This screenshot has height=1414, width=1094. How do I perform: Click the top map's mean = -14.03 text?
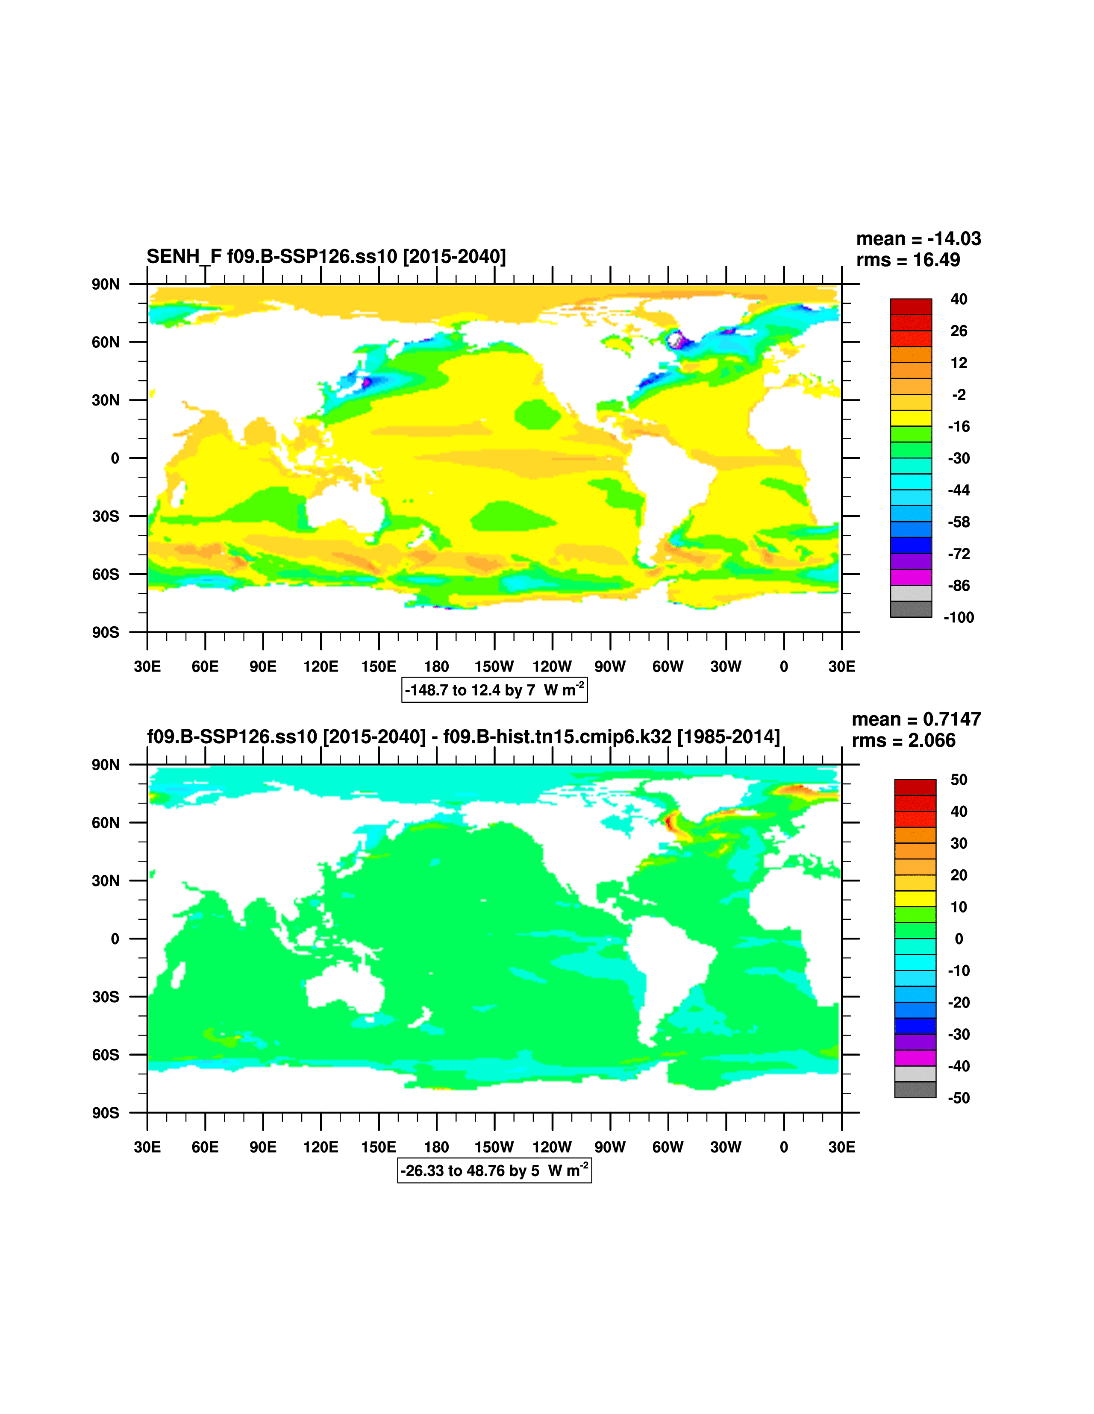pos(918,239)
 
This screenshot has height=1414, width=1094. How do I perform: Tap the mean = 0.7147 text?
pos(916,719)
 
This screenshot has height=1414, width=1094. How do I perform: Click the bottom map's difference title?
pos(463,737)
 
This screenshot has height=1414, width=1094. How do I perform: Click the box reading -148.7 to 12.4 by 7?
pos(494,690)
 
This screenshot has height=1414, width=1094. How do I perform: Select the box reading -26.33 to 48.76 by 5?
pos(494,1171)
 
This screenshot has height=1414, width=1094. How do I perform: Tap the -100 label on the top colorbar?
pos(959,618)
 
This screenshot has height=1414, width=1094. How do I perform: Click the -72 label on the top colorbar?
pos(959,554)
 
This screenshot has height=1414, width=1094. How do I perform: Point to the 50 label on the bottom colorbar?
pos(959,780)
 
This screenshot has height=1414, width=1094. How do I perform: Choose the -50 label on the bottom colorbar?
pos(959,1098)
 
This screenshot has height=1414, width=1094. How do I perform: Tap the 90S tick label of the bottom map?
pos(106,1113)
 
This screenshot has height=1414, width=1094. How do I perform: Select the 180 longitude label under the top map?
pos(436,667)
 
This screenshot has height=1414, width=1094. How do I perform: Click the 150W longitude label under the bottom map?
pos(494,1147)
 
